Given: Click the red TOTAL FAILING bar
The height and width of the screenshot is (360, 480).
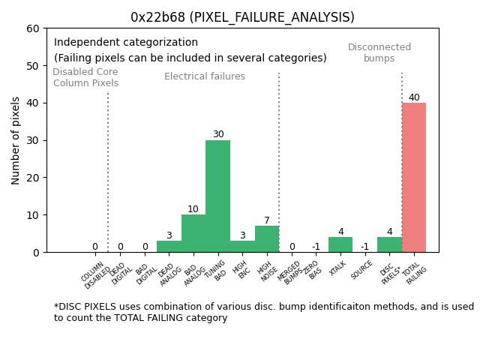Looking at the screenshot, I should (414, 178).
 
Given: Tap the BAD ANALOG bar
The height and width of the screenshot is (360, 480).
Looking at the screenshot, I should (193, 233).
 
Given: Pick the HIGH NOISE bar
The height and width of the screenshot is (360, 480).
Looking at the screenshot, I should (267, 239).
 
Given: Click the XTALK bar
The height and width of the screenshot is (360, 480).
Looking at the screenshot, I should (340, 244).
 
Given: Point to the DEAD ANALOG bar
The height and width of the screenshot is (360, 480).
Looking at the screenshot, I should (169, 246).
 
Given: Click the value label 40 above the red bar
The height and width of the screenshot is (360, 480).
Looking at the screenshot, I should (414, 97).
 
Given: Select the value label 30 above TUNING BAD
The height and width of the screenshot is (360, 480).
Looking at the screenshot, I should (218, 135).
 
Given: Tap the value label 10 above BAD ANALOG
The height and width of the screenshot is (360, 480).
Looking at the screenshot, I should (193, 209).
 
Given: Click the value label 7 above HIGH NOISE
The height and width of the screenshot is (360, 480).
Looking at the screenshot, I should (267, 220).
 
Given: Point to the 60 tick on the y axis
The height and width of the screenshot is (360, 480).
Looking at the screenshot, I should (33, 28).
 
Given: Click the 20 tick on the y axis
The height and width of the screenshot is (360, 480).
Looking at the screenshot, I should (33, 178).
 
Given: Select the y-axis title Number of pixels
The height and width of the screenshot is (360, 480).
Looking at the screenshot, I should (16, 140).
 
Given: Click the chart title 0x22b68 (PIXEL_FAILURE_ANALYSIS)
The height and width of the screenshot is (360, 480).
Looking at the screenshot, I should (242, 17).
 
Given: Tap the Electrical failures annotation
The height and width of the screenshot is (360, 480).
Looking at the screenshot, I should (205, 76).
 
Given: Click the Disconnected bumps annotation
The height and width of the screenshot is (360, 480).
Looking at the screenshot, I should (379, 53).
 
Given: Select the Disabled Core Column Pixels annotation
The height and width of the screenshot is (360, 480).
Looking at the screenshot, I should (85, 78).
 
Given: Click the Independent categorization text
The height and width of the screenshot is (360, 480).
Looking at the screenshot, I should (126, 43).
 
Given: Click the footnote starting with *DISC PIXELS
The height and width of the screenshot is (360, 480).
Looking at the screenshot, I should (263, 312).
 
